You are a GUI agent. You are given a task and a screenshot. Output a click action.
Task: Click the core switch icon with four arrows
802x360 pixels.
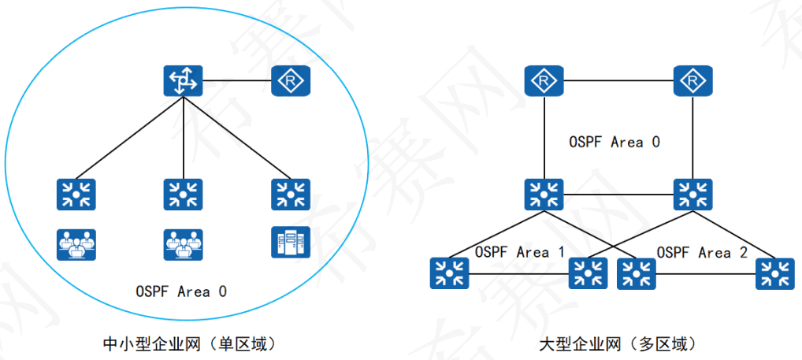183,81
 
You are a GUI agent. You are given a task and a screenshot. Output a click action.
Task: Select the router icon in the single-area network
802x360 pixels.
291,81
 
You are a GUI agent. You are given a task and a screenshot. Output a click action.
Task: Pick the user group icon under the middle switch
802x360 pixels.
183,244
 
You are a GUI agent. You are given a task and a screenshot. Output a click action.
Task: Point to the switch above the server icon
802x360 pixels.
291,194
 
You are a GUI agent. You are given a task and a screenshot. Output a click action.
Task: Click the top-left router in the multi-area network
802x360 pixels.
543,81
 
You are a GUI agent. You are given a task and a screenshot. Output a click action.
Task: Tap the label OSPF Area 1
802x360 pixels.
520,253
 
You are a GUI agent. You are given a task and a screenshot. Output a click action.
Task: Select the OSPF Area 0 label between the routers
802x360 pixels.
614,143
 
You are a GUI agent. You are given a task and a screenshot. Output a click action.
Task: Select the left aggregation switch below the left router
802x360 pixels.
543,194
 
